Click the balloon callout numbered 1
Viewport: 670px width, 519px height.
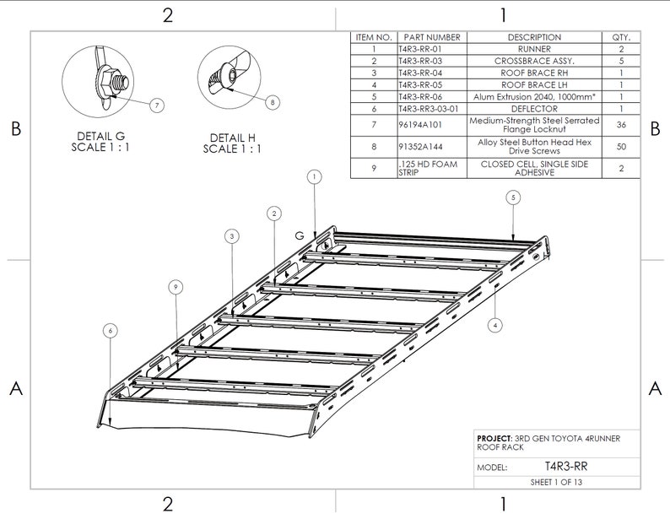(313, 177)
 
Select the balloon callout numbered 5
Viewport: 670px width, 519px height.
(513, 197)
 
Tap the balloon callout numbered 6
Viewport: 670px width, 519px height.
(111, 330)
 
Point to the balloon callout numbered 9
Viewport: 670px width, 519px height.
(175, 288)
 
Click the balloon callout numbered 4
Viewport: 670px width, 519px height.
(496, 323)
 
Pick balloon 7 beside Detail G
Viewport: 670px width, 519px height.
(157, 105)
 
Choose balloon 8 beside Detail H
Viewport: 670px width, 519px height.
(272, 102)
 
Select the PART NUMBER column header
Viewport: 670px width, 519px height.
(432, 38)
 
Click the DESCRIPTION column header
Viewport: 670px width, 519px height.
(534, 38)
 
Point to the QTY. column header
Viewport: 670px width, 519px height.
(621, 38)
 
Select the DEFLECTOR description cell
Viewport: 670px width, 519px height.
(534, 109)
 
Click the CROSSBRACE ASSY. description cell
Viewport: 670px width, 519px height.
(534, 62)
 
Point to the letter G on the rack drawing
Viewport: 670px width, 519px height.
(300, 235)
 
